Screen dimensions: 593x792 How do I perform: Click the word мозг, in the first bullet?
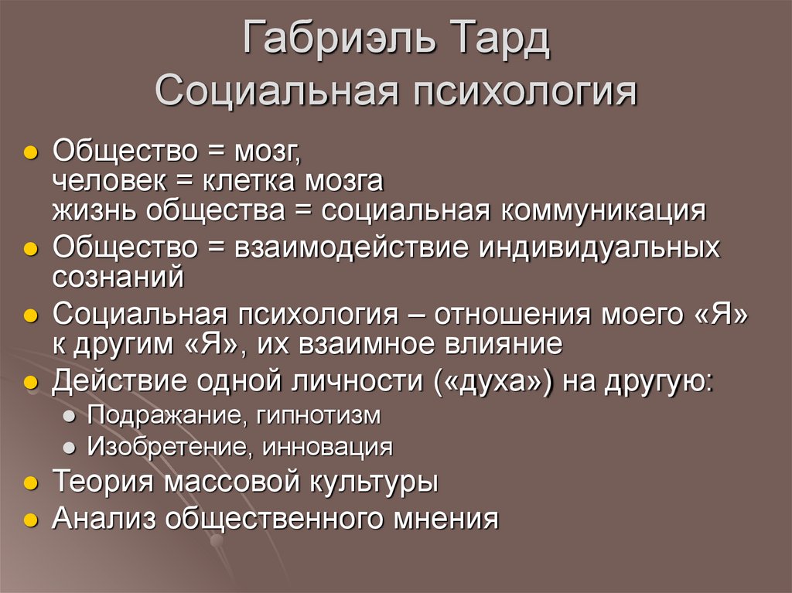point(266,152)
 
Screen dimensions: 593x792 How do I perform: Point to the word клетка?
point(250,181)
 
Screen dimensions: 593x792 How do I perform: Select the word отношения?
point(504,315)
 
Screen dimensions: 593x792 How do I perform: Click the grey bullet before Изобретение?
point(70,448)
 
